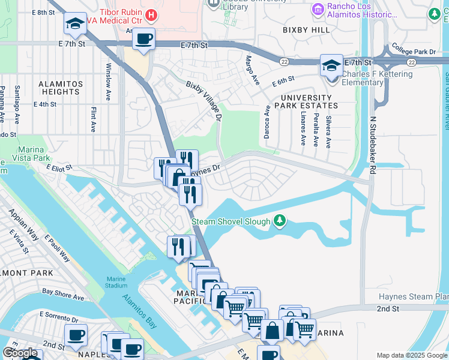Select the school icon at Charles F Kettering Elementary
(331, 65)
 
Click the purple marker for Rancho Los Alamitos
(317, 9)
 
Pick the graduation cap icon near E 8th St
(75, 24)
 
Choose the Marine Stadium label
(122, 282)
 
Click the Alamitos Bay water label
(139, 311)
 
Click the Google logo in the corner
(20, 352)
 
